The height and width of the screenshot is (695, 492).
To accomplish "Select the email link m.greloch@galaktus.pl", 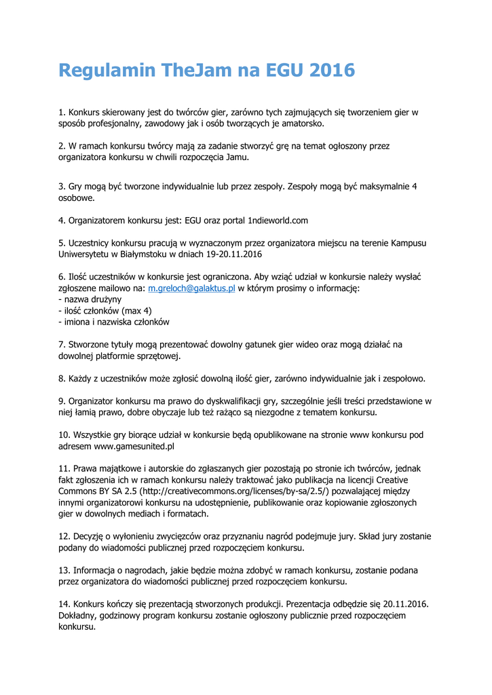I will [191, 288].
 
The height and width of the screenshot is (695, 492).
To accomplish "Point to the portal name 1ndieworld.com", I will [278, 221].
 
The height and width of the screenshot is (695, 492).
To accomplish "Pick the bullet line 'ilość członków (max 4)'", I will [105, 311].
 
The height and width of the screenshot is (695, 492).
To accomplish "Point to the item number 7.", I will [62, 345].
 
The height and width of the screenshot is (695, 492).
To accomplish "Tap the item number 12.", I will [64, 536].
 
